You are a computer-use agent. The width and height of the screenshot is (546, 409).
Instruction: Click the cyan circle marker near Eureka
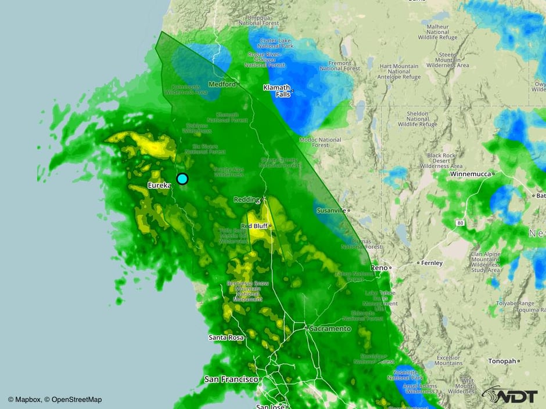[x=182, y=179]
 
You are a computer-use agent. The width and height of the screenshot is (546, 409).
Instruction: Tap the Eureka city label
[x=158, y=185]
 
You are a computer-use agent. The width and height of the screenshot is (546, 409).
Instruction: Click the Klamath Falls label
[x=276, y=91]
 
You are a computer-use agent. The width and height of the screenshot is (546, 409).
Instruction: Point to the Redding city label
[x=246, y=200]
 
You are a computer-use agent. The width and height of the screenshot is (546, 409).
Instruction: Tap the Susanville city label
[x=331, y=210]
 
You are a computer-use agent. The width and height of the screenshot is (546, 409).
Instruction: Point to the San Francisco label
[x=231, y=379]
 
